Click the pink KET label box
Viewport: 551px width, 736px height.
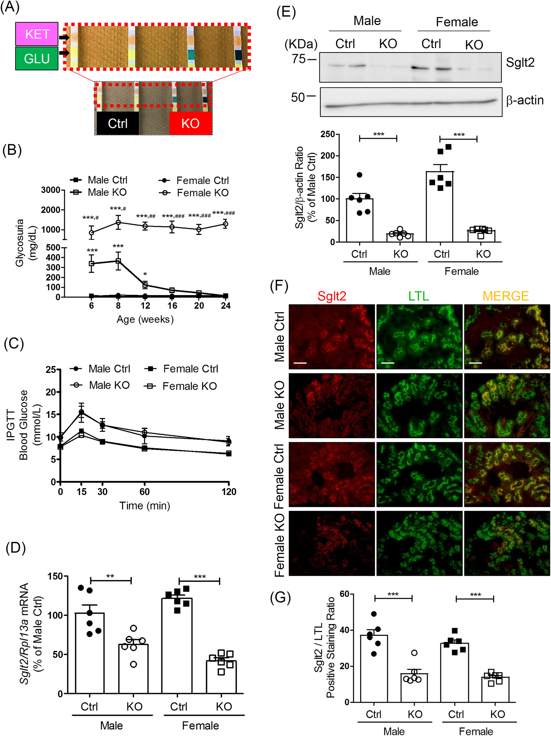click(x=37, y=34)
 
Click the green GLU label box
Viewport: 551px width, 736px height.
click(x=37, y=59)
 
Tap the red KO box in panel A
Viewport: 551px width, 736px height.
click(x=190, y=123)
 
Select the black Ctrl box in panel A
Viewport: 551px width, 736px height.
click(x=117, y=123)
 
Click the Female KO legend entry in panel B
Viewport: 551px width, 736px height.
click(x=202, y=193)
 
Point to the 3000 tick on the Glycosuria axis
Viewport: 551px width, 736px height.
click(x=50, y=190)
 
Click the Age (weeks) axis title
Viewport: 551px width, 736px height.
click(x=145, y=319)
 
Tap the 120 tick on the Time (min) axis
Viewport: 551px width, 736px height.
click(x=229, y=492)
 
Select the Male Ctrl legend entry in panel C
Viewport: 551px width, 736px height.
click(x=109, y=369)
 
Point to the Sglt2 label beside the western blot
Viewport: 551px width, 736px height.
click(x=520, y=63)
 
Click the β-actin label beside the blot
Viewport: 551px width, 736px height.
click(x=524, y=100)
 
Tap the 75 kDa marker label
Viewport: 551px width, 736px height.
click(x=298, y=59)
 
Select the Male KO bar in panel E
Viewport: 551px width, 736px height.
click(x=400, y=237)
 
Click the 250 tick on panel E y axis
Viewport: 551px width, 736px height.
click(x=327, y=134)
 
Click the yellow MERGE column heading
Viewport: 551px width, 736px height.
click(x=506, y=296)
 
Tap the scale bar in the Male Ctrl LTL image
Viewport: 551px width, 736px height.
click(x=388, y=363)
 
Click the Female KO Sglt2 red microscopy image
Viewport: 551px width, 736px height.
click(x=331, y=543)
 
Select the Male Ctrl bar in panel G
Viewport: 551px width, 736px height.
click(x=373, y=670)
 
